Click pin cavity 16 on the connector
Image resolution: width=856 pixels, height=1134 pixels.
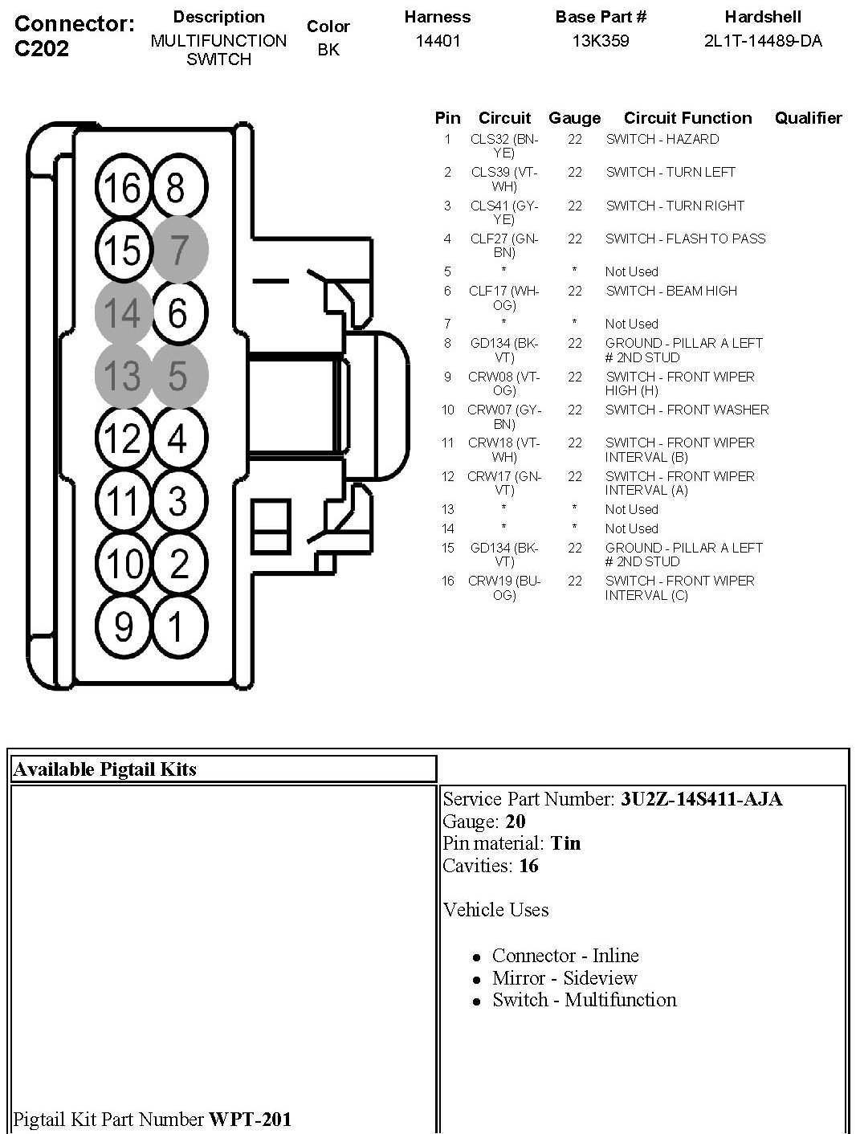[123, 188]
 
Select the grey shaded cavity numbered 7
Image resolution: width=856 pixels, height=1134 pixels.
[179, 250]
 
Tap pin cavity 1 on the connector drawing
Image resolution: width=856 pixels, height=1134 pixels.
[178, 626]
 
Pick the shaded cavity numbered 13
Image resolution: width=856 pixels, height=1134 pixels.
[123, 375]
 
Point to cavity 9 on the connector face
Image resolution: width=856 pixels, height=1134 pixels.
[123, 626]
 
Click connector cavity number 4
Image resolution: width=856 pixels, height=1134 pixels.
[178, 439]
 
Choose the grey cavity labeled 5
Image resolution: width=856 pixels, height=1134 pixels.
[178, 375]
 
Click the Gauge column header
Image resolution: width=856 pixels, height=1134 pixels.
[574, 118]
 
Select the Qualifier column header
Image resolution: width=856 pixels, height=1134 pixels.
[808, 118]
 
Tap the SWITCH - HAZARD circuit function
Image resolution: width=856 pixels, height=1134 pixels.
[662, 139]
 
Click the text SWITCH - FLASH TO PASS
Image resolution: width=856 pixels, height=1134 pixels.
[685, 239]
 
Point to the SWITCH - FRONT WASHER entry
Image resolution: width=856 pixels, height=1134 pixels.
[687, 410]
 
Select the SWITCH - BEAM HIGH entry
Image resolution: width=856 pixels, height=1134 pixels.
[671, 291]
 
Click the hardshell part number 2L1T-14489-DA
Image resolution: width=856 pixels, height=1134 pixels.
[763, 40]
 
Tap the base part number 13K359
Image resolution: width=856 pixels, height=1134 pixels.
[600, 40]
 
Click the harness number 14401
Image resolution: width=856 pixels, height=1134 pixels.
[438, 40]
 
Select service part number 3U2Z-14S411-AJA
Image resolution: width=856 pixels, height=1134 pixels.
[701, 799]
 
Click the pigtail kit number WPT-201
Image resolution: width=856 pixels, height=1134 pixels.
[250, 1119]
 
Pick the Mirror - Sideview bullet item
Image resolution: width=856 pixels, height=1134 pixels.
[565, 978]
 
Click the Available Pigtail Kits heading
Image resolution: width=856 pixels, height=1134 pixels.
[105, 769]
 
